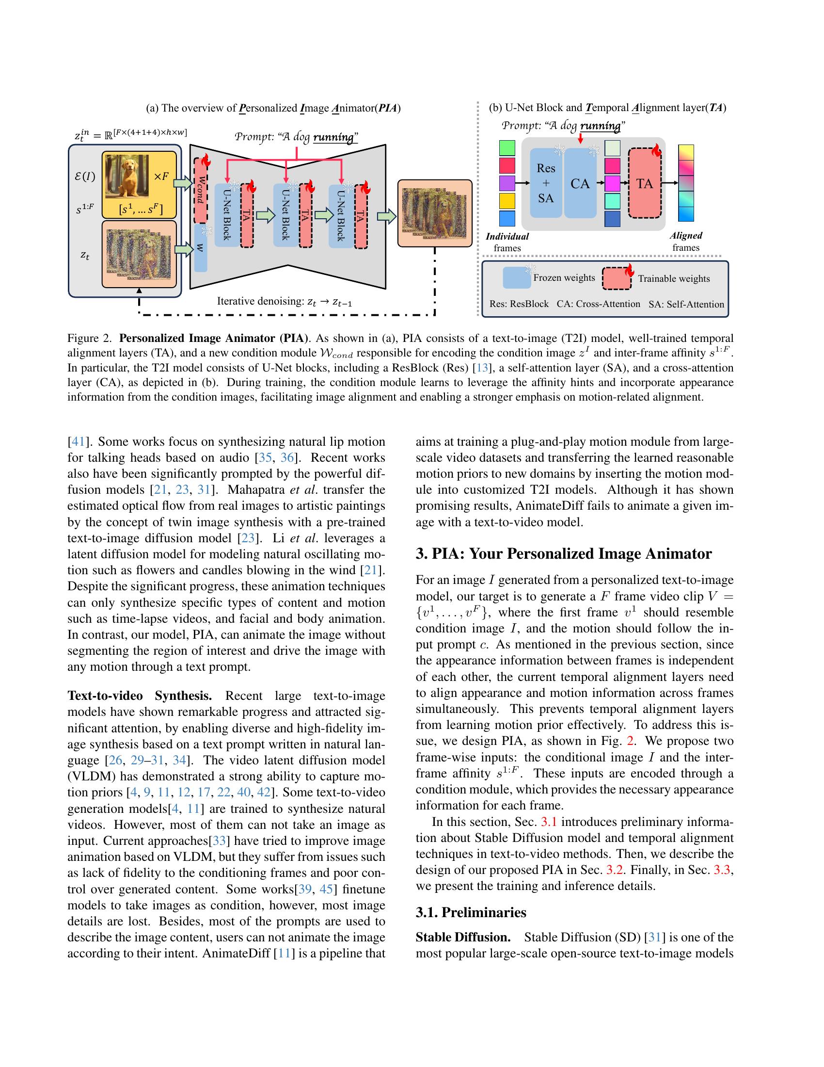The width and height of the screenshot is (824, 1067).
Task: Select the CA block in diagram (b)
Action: [580, 184]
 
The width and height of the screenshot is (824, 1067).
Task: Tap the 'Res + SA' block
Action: [546, 183]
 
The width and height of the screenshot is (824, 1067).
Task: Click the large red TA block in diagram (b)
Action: [644, 184]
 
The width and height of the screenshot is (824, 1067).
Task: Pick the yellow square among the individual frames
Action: [507, 201]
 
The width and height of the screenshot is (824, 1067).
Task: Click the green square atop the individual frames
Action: [507, 148]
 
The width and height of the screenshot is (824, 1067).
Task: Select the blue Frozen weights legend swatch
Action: [516, 278]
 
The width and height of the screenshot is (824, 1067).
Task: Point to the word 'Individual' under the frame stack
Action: [507, 237]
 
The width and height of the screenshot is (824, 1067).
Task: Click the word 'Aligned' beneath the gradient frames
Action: [686, 236]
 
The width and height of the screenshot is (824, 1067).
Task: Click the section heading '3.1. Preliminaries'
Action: [471, 913]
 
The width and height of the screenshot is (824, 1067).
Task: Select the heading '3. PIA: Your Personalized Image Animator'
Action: [563, 553]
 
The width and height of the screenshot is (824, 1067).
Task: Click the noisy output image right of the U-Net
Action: [434, 213]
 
